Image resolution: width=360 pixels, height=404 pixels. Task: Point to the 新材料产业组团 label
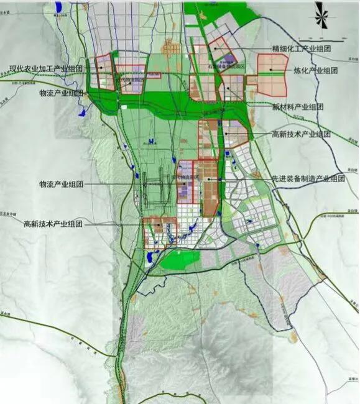[298, 106]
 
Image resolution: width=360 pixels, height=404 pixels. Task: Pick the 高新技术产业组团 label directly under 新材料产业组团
[302, 134]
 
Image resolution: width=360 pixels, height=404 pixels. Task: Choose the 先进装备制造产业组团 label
[307, 178]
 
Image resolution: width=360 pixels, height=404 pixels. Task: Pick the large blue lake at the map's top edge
[58, 7]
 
